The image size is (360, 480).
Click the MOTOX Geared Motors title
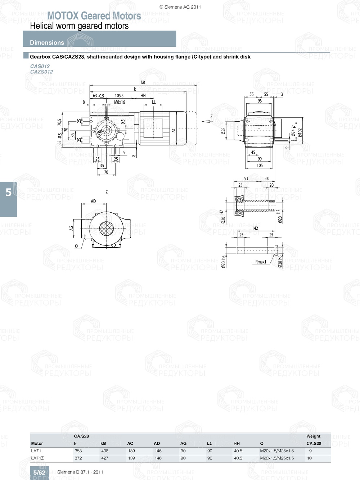(94, 16)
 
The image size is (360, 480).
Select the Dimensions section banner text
(47, 42)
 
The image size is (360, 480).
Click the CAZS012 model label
(41, 72)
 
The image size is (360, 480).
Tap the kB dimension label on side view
(143, 82)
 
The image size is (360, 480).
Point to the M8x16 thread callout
(120, 102)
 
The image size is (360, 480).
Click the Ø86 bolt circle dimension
(100, 132)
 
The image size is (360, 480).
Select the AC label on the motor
(174, 130)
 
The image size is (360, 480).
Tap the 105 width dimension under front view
(260, 166)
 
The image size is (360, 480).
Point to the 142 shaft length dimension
(255, 228)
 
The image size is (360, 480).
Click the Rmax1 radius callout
(261, 262)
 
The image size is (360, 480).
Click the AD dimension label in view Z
(93, 201)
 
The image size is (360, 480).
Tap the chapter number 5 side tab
(9, 193)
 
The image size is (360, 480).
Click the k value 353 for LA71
(78, 451)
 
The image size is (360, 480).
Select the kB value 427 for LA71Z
(105, 458)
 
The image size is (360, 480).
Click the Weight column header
(313, 436)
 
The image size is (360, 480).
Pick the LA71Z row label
(37, 458)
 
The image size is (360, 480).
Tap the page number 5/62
(39, 472)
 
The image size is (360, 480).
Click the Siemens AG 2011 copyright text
(180, 7)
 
